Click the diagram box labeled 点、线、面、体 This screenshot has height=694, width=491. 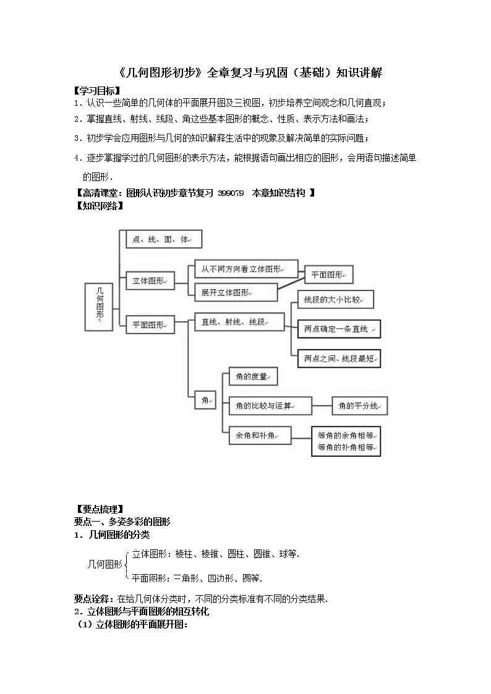click(x=164, y=239)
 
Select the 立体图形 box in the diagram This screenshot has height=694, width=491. click(x=150, y=281)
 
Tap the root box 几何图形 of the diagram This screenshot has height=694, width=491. click(x=99, y=307)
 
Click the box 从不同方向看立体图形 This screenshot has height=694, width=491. click(x=246, y=269)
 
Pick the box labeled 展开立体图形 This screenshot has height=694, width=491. click(x=236, y=292)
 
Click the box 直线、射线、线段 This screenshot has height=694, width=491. click(x=239, y=322)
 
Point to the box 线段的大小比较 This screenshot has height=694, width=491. click(x=336, y=300)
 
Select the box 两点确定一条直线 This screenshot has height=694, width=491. click(x=339, y=329)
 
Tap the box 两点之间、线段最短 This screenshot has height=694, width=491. click(x=339, y=358)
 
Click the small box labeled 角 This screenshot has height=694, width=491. click(x=205, y=400)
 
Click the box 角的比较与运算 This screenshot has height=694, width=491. click(x=270, y=406)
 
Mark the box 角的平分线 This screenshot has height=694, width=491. click(x=360, y=406)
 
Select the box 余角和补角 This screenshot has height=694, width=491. click(x=260, y=436)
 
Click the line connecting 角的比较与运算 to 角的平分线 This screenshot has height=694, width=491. click(x=322, y=406)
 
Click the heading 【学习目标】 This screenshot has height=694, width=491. click(x=96, y=91)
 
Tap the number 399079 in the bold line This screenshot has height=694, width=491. click(x=231, y=193)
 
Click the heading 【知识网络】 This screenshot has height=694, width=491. click(x=99, y=206)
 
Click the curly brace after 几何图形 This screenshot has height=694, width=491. click(x=127, y=565)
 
